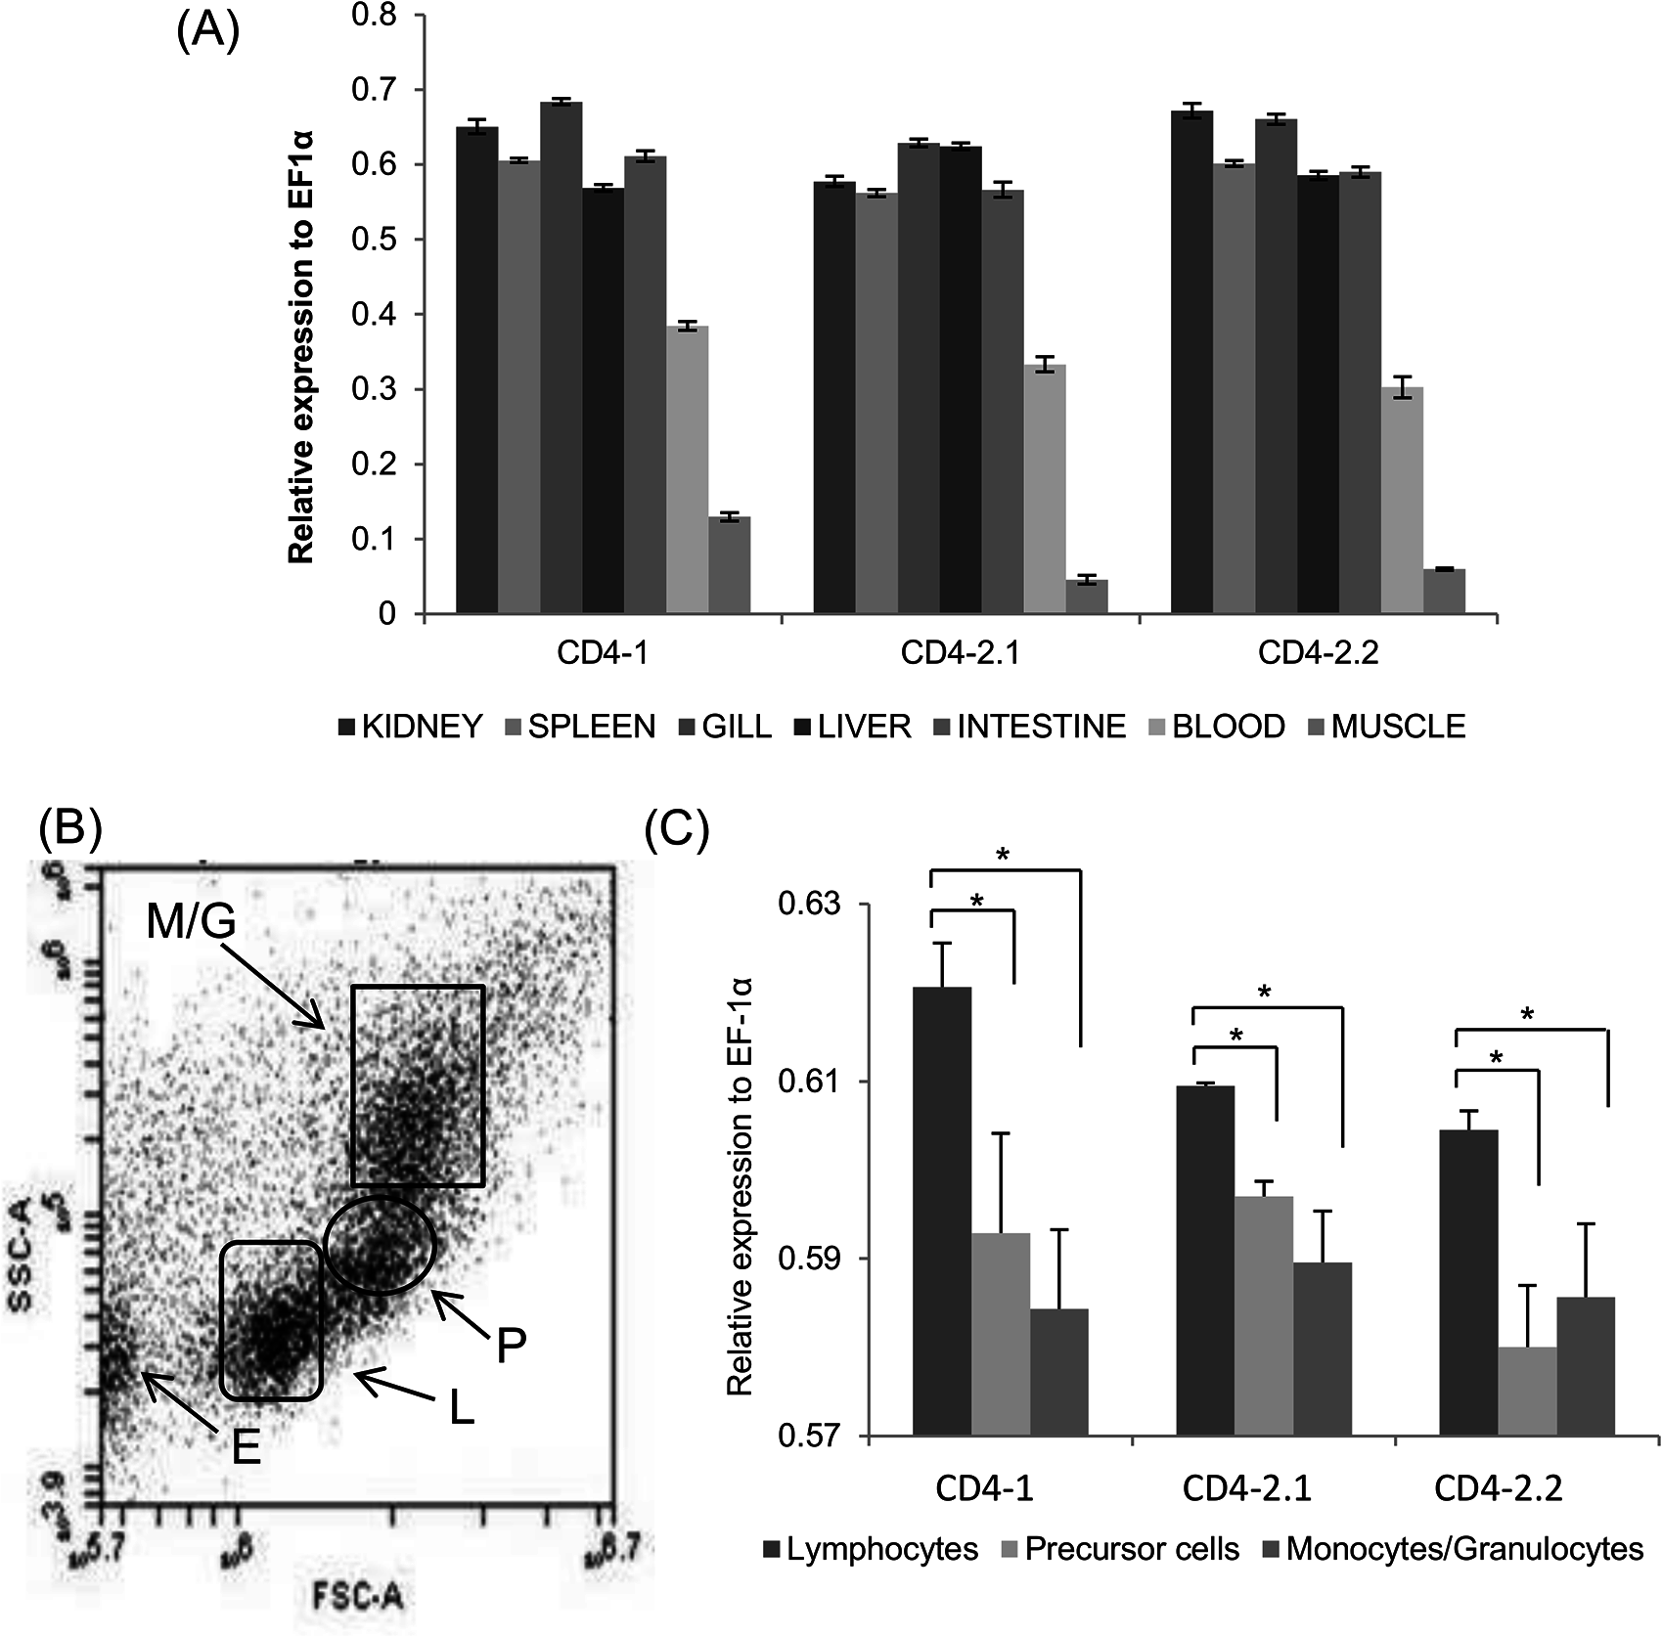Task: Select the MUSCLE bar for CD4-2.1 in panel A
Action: pyautogui.click(x=1086, y=597)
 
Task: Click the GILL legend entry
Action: pyautogui.click(x=725, y=727)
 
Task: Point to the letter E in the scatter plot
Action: pyautogui.click(x=246, y=1446)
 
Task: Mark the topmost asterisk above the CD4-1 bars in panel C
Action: pyautogui.click(x=1002, y=855)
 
